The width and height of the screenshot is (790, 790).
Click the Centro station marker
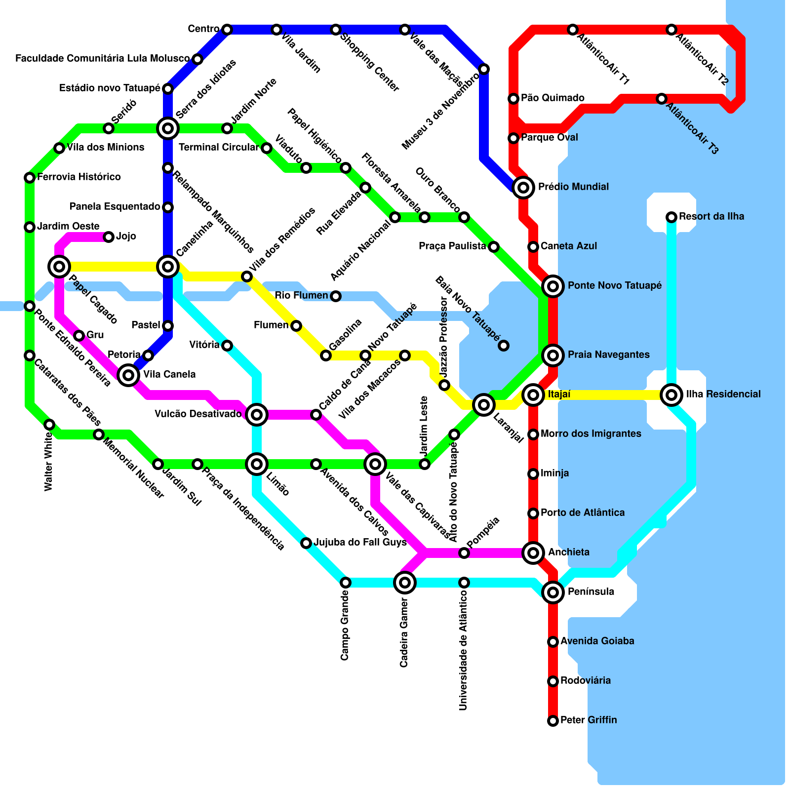pos(227,30)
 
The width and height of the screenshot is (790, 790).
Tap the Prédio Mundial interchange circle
pos(523,187)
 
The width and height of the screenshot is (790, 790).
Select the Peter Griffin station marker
pos(553,721)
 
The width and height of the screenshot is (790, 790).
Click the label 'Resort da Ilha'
pos(711,217)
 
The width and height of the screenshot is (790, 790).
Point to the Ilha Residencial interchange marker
pos(671,395)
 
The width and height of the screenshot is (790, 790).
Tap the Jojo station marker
pos(109,237)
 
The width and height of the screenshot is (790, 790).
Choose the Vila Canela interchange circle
pos(128,375)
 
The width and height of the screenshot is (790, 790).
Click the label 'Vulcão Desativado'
pos(198,414)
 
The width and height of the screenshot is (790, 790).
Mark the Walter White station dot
pos(49,425)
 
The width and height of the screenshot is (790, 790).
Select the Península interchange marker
pos(553,592)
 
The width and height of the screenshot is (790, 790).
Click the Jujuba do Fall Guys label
pos(360,543)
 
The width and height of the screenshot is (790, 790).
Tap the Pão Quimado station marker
pos(513,99)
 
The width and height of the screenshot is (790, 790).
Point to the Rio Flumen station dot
pos(336,296)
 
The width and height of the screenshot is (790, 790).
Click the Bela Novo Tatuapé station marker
pos(503,346)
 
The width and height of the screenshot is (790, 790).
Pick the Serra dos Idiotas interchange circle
pos(168,128)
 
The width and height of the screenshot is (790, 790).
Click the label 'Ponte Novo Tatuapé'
pos(614,286)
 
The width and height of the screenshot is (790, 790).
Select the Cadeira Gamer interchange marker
pos(405,583)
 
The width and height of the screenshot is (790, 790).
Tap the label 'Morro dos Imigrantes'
pos(591,434)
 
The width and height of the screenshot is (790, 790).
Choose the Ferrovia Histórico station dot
pos(30,178)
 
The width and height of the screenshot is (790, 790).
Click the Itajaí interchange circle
pos(533,395)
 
